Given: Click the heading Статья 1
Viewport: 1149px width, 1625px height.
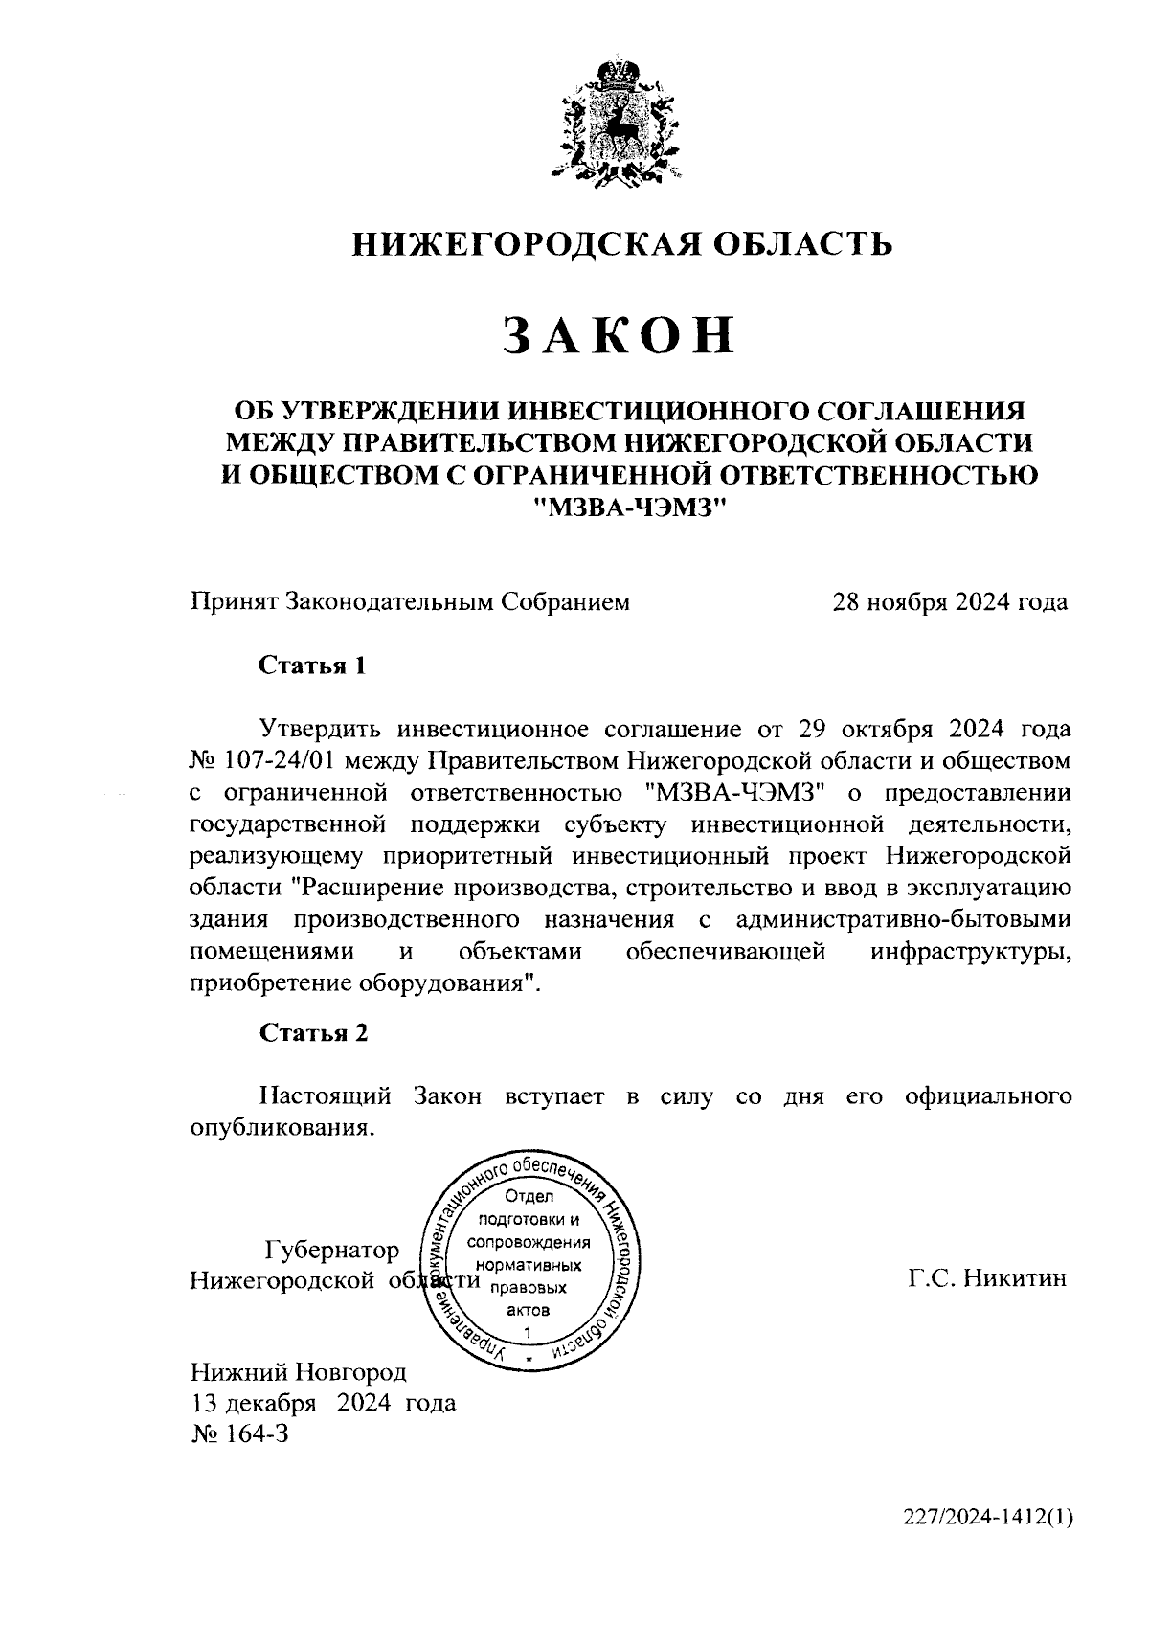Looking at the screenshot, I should (313, 666).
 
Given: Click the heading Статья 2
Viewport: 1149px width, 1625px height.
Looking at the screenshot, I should (313, 1032).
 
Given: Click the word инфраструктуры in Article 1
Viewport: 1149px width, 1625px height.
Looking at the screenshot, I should (971, 952).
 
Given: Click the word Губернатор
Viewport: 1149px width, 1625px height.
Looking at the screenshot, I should (331, 1251).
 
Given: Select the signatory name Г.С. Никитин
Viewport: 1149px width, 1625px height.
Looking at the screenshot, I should (987, 1279).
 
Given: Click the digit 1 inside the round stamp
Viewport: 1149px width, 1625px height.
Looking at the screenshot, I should (528, 1332).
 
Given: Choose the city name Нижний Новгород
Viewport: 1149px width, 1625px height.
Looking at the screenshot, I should (299, 1372).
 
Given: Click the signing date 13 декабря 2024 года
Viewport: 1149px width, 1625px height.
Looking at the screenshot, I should (324, 1404).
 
